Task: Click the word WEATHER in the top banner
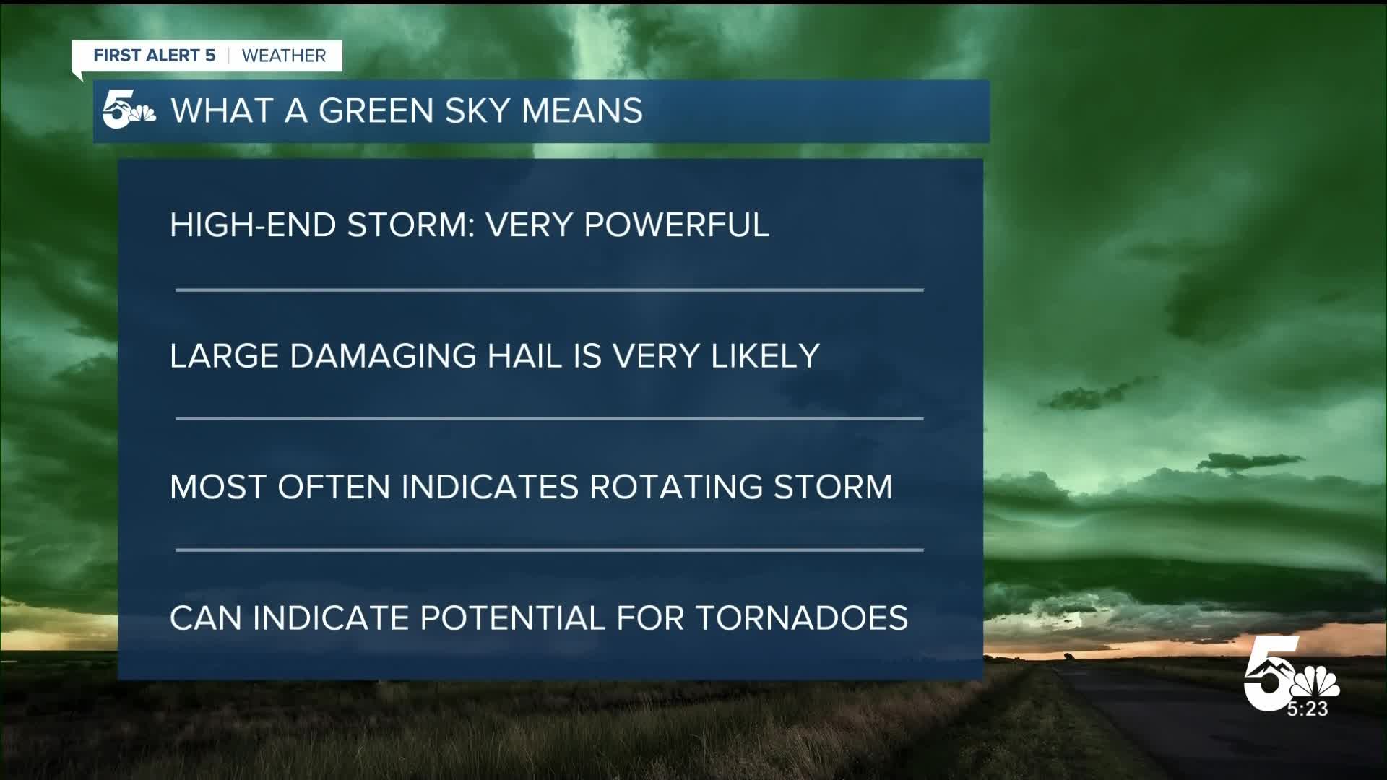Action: [284, 56]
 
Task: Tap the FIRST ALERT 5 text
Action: [155, 56]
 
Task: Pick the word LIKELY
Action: [765, 356]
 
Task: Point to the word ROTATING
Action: [675, 487]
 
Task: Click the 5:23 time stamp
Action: [1308, 709]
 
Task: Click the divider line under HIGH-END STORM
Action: [549, 290]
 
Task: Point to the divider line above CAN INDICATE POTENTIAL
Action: [549, 550]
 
